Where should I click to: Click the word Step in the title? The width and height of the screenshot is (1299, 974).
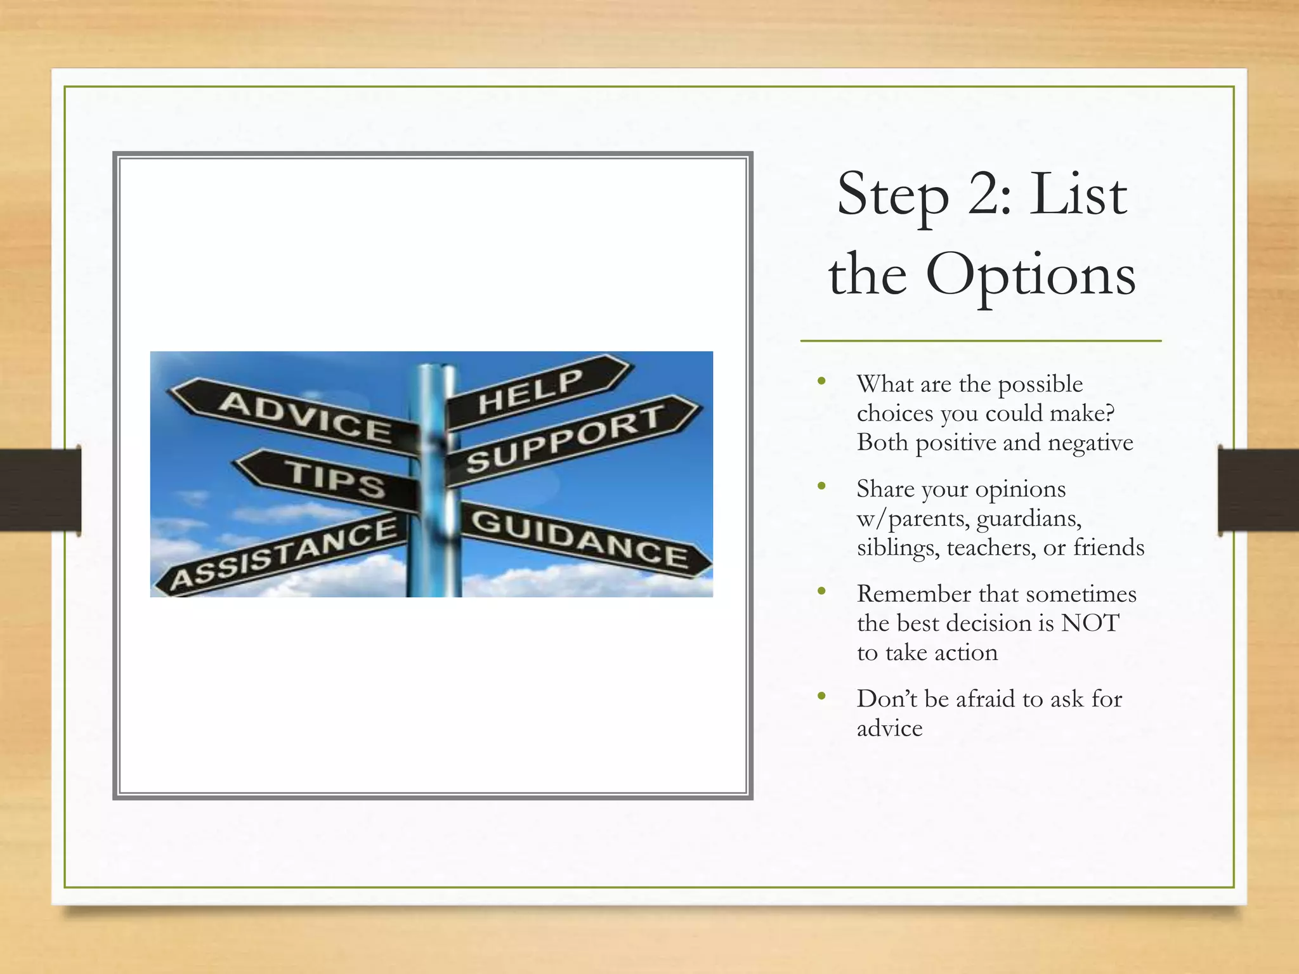tap(893, 195)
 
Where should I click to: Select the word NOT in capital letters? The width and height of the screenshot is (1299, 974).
tap(1090, 623)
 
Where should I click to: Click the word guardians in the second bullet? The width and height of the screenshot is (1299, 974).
tap(1029, 519)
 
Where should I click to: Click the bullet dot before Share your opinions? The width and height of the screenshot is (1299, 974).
tap(822, 487)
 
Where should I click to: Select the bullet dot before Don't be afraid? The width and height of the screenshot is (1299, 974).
tap(822, 696)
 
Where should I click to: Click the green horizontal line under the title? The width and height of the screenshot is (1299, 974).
tap(981, 341)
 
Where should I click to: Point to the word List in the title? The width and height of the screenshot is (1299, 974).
tap(1078, 194)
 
